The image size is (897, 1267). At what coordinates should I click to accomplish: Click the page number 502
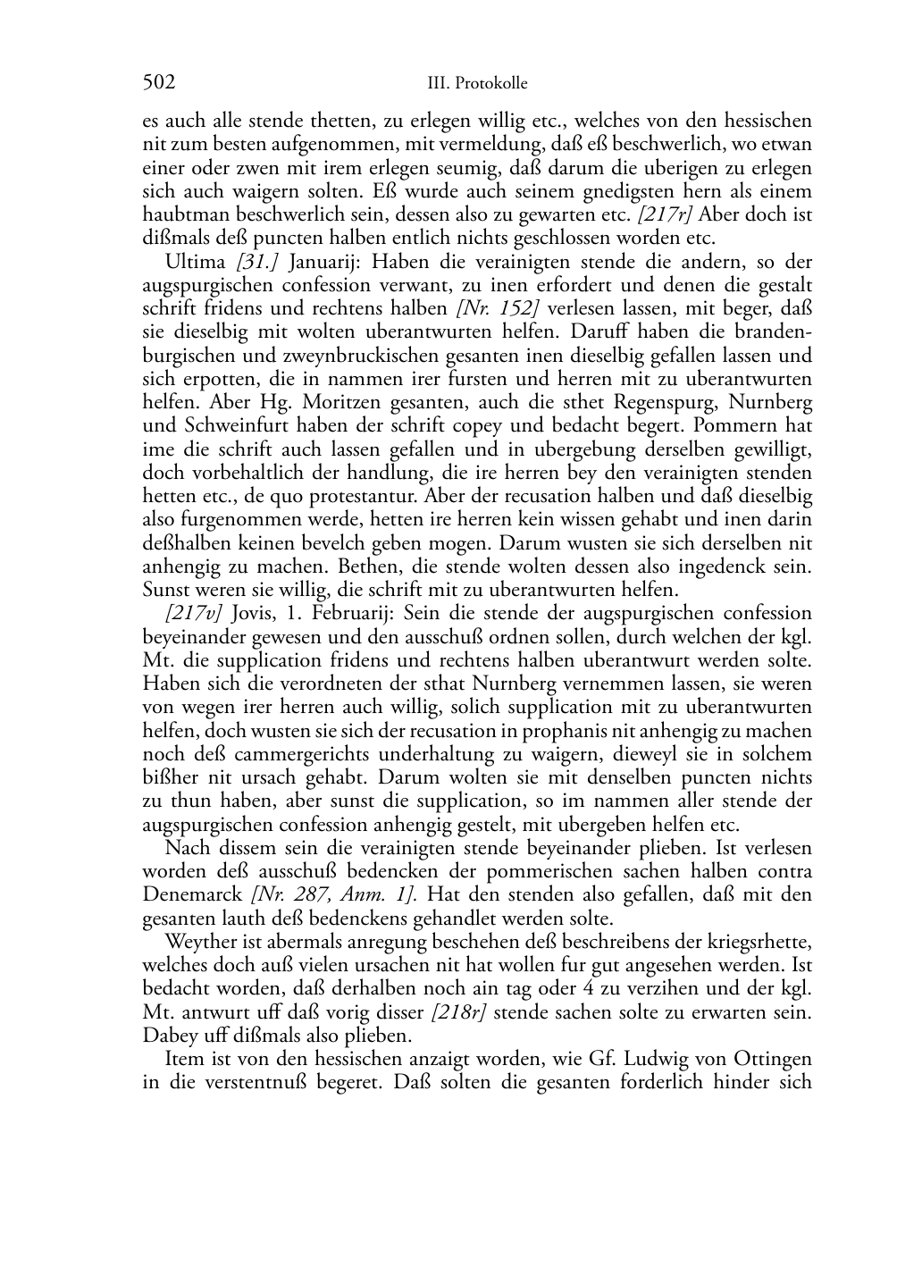pos(159,83)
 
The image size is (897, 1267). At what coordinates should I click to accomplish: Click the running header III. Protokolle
pos(477,84)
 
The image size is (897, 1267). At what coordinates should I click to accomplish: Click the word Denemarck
pos(192,894)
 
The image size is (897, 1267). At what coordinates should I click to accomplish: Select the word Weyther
pos(198,942)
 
